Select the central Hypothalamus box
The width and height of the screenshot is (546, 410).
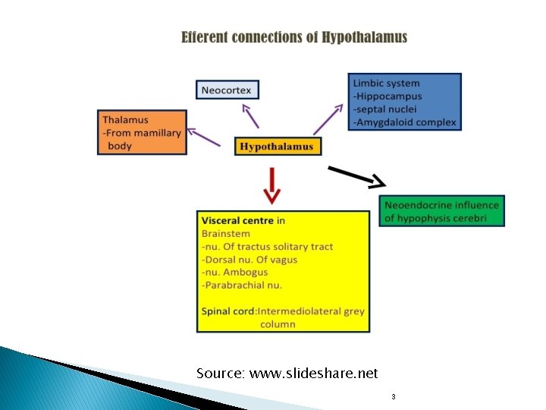[x=277, y=147]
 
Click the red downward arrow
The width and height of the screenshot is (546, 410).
[x=271, y=184]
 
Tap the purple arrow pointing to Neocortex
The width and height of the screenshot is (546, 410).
[x=249, y=115]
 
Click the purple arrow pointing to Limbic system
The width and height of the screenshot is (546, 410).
[x=328, y=119]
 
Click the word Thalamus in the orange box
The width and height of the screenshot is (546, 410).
[x=126, y=120]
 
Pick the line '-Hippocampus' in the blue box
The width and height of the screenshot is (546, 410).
[x=388, y=96]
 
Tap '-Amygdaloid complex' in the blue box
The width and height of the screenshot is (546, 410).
[x=405, y=122]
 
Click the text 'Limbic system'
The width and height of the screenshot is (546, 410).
[x=386, y=84]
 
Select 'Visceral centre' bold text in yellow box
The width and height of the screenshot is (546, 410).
[x=237, y=221]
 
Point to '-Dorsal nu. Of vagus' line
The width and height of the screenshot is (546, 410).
[x=249, y=260]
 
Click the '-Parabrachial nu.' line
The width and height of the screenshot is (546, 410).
[x=242, y=285]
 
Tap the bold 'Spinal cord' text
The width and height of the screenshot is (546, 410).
[x=228, y=311]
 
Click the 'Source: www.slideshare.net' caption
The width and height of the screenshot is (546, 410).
[x=287, y=374]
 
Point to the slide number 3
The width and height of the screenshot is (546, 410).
[x=393, y=397]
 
